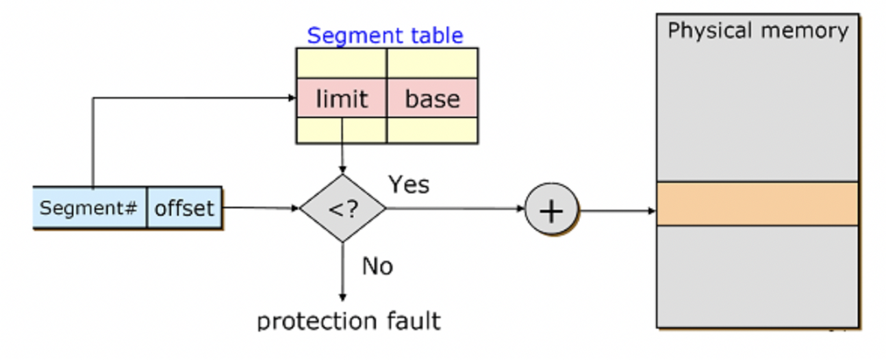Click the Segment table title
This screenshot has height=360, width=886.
pos(385,36)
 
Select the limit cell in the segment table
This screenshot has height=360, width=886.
pos(341,99)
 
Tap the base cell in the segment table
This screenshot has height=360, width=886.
pos(432,99)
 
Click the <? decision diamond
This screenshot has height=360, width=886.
pos(342,208)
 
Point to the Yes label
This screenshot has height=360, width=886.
pos(409,184)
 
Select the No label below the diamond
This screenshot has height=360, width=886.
pos(377,266)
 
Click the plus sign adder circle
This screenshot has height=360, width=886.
pos(551,210)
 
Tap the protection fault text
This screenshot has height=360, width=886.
pos(349,320)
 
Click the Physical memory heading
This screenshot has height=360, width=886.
pos(757,31)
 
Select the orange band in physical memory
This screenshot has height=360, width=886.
pos(757,203)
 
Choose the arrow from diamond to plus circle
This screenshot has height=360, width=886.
pos(455,208)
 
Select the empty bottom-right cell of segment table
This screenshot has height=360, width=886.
pos(432,130)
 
